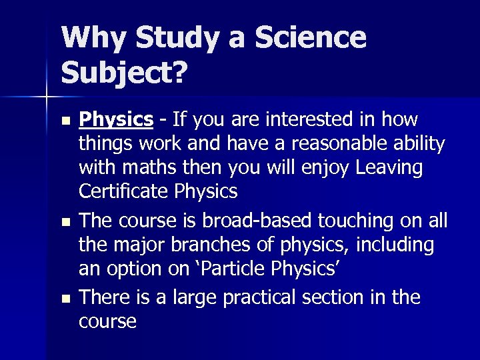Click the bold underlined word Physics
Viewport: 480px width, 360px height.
[x=116, y=120]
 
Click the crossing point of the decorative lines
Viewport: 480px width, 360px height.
[x=47, y=97]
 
